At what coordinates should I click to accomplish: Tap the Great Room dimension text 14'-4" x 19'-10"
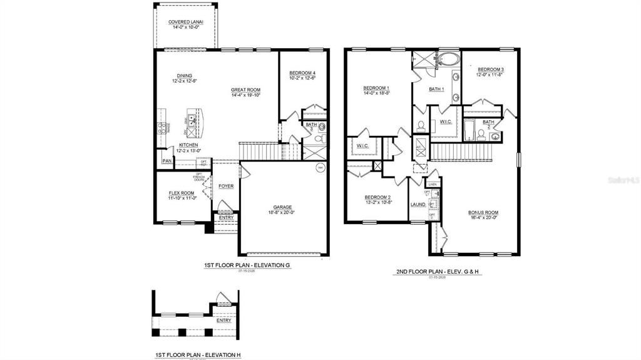pyautogui.click(x=245, y=95)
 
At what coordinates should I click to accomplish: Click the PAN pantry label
pyautogui.click(x=167, y=161)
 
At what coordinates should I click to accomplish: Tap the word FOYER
pyautogui.click(x=225, y=186)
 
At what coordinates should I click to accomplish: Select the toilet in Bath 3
pyautogui.click(x=319, y=138)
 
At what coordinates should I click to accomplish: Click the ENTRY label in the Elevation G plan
pyautogui.click(x=225, y=218)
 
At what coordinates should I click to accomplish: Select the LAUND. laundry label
pyautogui.click(x=418, y=205)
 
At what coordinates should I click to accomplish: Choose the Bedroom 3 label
pyautogui.click(x=490, y=69)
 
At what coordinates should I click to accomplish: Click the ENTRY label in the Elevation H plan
pyautogui.click(x=223, y=320)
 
